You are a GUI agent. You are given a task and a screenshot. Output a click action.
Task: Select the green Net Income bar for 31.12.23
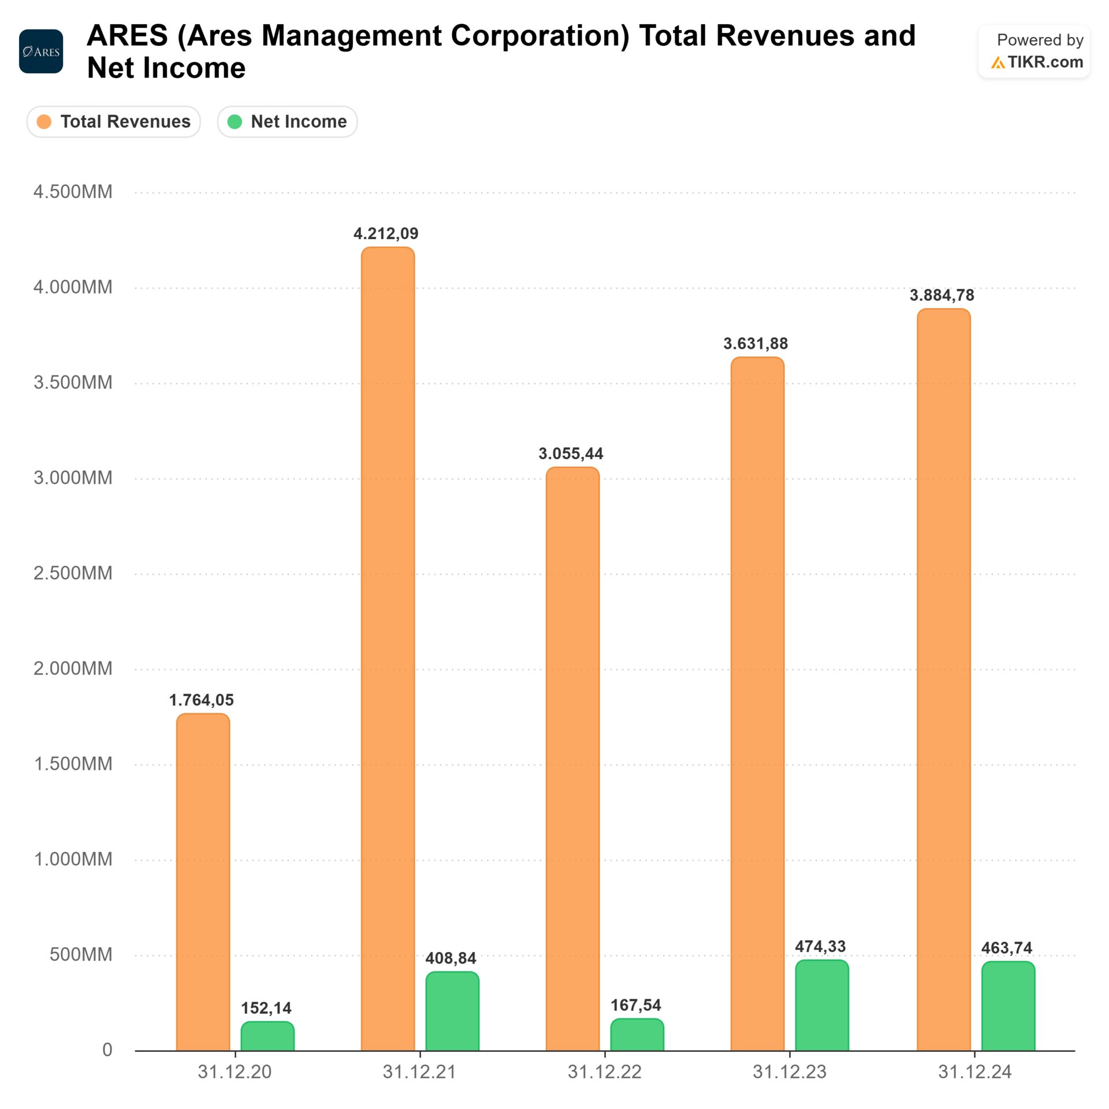tap(821, 1005)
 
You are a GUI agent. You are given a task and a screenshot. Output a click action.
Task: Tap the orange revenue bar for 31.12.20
tap(203, 881)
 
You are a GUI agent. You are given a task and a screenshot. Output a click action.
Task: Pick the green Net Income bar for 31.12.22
tap(637, 1034)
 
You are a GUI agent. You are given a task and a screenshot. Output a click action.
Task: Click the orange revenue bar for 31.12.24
tap(943, 679)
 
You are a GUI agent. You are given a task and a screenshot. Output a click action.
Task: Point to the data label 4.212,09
tap(386, 233)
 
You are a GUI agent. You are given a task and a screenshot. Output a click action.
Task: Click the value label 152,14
tap(266, 1008)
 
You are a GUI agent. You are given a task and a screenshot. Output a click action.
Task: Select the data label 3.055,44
tap(571, 453)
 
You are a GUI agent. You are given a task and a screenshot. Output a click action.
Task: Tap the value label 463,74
tap(1006, 948)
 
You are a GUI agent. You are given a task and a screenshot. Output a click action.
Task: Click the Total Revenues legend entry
tap(114, 121)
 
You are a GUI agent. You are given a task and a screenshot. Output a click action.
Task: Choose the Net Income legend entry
tap(288, 121)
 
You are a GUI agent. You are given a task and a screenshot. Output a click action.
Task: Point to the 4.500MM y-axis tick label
tap(73, 192)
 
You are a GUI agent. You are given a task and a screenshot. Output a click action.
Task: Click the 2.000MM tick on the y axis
tap(73, 668)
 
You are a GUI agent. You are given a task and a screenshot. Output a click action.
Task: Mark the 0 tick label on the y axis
tap(107, 1050)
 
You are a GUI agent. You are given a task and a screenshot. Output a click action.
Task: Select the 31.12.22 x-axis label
tap(604, 1072)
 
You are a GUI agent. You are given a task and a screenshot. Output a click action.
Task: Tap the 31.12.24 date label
tap(974, 1072)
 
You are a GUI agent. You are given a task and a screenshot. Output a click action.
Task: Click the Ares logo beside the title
tap(41, 51)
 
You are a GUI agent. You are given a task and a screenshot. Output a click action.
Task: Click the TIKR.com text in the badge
tap(1045, 62)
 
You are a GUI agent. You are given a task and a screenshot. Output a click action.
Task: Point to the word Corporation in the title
tap(539, 36)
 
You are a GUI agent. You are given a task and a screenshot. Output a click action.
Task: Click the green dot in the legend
tap(235, 121)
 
